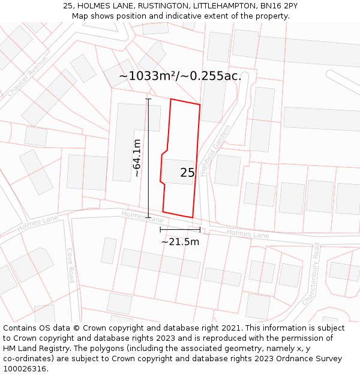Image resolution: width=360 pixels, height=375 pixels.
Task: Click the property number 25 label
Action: coord(187,173)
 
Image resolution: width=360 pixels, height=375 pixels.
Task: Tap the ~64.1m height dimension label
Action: coord(137,158)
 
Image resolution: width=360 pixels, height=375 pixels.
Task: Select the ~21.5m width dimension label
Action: coord(180,242)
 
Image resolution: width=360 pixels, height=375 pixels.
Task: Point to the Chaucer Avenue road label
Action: coord(28,76)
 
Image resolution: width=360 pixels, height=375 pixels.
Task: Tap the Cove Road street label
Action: coord(70,265)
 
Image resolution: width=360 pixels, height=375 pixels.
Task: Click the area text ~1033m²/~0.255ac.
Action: coord(180,76)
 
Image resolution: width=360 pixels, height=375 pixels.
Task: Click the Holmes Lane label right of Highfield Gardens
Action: coord(248,234)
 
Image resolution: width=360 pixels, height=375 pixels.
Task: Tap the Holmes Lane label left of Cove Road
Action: coord(37,223)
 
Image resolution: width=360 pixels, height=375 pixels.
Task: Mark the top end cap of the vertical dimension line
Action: coord(148,99)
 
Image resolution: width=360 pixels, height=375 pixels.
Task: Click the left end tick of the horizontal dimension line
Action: coord(160,229)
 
